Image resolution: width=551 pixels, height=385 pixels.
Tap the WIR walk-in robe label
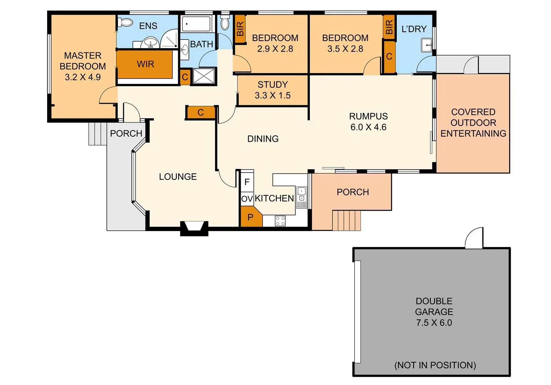[145, 64]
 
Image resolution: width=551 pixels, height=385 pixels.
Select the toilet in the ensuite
[125, 22]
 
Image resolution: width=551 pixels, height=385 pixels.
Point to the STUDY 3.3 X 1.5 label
[272, 90]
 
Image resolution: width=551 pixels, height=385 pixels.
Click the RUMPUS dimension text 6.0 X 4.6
[368, 127]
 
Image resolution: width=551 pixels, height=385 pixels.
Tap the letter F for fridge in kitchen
[247, 182]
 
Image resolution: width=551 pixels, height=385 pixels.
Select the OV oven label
[247, 199]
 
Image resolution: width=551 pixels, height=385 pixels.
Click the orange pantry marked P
[250, 217]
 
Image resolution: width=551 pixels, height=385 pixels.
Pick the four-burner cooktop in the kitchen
[280, 221]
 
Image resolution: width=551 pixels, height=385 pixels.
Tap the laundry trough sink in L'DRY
[427, 45]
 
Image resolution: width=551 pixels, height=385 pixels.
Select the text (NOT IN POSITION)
[435, 365]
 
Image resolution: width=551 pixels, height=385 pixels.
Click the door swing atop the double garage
[474, 238]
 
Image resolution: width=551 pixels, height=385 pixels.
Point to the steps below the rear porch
[346, 220]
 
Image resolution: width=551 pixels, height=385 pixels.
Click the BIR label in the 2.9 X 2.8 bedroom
[240, 29]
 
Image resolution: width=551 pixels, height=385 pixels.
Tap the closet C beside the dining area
[201, 113]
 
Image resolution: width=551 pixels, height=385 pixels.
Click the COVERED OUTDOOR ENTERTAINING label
[473, 123]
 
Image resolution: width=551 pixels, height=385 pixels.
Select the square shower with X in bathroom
[204, 76]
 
